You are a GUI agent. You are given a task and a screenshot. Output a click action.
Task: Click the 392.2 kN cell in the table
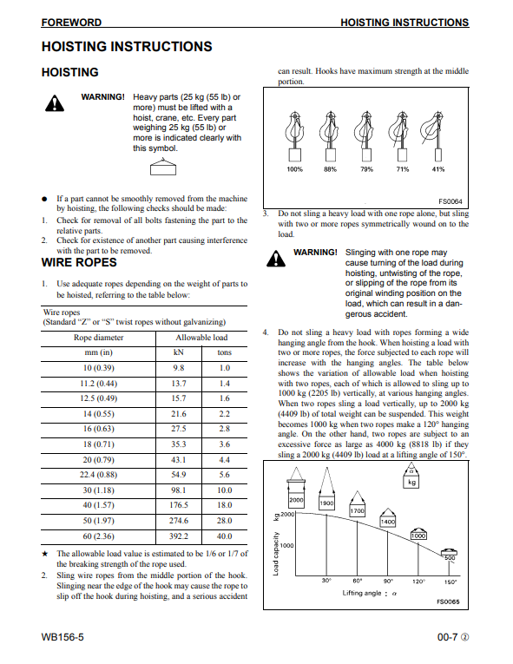click(178, 536)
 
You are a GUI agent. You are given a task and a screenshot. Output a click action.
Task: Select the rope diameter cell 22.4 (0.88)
click(98, 475)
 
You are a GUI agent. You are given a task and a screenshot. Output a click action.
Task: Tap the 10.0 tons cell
click(224, 490)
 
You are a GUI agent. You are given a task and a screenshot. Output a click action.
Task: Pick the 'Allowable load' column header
click(201, 338)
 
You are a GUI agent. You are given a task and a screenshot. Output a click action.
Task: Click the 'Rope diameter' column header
click(98, 338)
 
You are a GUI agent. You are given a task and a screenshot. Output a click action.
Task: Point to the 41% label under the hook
click(438, 169)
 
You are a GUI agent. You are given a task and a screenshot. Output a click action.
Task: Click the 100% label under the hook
click(295, 169)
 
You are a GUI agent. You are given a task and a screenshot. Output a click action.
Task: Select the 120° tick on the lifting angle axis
click(418, 582)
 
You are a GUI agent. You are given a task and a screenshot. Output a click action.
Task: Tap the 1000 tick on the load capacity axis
click(286, 545)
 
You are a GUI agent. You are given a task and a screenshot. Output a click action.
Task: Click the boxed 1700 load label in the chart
click(357, 510)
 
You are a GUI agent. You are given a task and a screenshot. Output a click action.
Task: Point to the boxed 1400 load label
click(388, 523)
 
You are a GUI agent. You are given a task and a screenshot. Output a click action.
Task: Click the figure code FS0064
click(450, 201)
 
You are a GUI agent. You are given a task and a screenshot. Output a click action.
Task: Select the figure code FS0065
click(448, 602)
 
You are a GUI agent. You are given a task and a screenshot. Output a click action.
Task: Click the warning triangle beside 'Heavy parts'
click(54, 103)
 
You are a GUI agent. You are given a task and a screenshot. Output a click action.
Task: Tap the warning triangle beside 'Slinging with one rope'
click(276, 259)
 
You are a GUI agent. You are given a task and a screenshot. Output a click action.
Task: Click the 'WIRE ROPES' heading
click(79, 262)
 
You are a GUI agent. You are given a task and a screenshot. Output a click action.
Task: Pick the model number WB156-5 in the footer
click(62, 637)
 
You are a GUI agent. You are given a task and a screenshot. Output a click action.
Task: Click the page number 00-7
click(447, 637)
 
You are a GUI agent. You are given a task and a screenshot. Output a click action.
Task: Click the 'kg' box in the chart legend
click(411, 482)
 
